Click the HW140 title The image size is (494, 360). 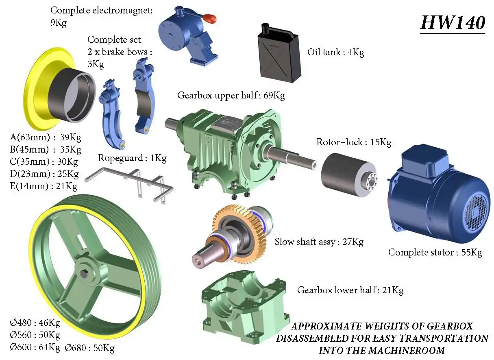[453, 23]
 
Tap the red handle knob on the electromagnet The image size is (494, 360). [210, 19]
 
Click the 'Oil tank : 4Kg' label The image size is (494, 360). [336, 52]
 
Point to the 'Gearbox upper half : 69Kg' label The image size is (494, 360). [231, 96]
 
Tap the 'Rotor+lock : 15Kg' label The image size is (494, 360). [354, 142]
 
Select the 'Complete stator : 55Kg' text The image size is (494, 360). [435, 252]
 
